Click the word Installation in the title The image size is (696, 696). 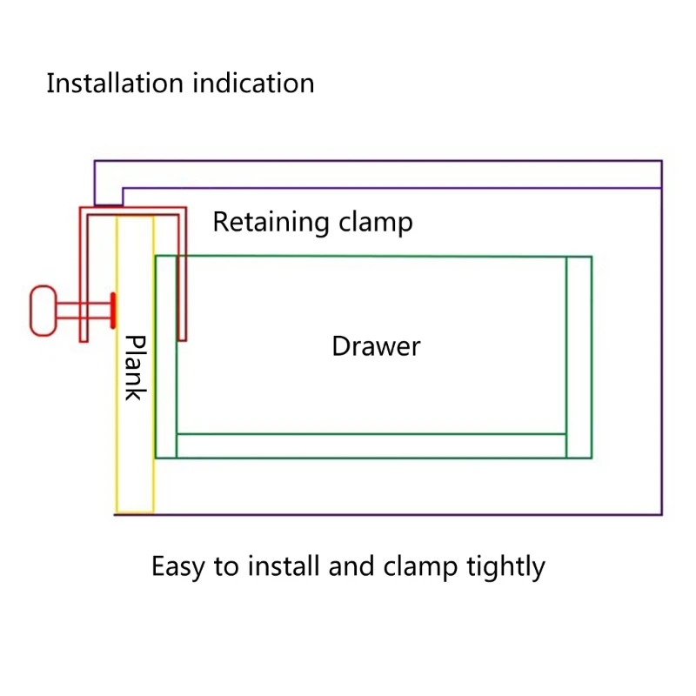(x=115, y=83)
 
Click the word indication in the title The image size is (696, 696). (x=253, y=83)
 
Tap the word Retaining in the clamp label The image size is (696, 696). (x=271, y=223)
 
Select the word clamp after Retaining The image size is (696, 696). (x=376, y=222)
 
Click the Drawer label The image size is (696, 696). (x=376, y=346)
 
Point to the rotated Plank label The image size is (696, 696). (x=136, y=368)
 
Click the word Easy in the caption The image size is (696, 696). (x=178, y=567)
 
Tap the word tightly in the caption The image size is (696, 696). (x=505, y=567)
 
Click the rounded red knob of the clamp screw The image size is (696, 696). (x=43, y=311)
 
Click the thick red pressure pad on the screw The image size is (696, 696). (x=113, y=311)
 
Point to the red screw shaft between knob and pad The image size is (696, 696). (x=84, y=311)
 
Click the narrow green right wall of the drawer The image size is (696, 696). (x=579, y=357)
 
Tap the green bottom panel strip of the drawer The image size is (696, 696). (x=371, y=445)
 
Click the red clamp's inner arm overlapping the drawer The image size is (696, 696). (x=182, y=278)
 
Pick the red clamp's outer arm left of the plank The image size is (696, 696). (x=84, y=275)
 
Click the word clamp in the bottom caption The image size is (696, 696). (x=420, y=567)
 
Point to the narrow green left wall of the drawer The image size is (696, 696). (x=166, y=357)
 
